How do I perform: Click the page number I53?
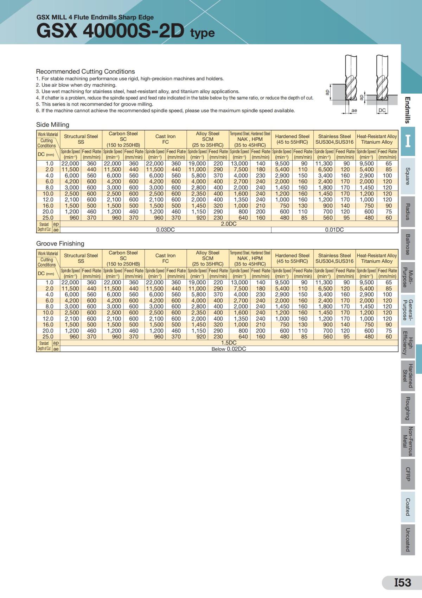pyautogui.click(x=402, y=583)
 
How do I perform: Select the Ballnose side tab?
pyautogui.click(x=408, y=244)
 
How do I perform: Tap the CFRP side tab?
pyautogui.click(x=408, y=474)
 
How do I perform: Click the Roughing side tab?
pyautogui.click(x=408, y=408)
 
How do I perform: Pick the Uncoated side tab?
pyautogui.click(x=408, y=540)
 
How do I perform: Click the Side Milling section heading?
pyautogui.click(x=53, y=125)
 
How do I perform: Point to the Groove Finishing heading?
pyautogui.click(x=60, y=244)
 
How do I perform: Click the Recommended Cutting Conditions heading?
pyautogui.click(x=85, y=71)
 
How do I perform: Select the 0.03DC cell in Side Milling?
pyautogui.click(x=165, y=230)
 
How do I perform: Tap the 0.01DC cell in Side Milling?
pyautogui.click(x=334, y=230)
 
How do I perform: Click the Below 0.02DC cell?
pyautogui.click(x=229, y=349)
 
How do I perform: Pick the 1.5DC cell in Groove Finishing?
pyautogui.click(x=229, y=343)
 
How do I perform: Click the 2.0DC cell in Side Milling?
pyautogui.click(x=229, y=224)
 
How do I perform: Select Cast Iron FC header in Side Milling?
pyautogui.click(x=165, y=139)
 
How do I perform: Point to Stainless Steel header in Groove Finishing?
pyautogui.click(x=334, y=258)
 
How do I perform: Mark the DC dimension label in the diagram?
pyautogui.click(x=382, y=111)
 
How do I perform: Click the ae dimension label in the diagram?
pyautogui.click(x=354, y=111)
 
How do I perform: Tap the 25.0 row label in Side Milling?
pyautogui.click(x=49, y=218)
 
